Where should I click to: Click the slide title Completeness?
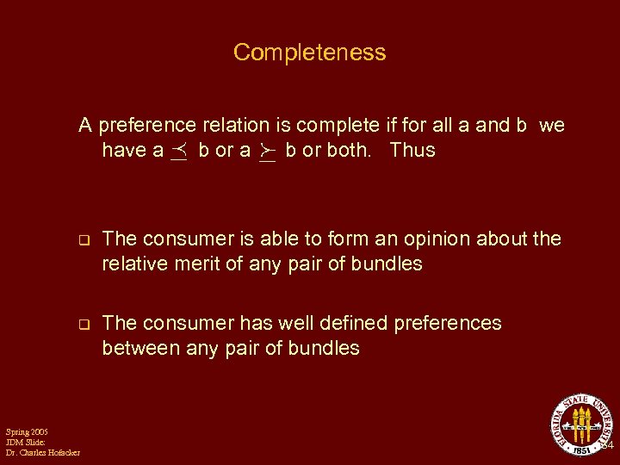[309, 53]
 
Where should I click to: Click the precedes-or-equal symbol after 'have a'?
[180, 151]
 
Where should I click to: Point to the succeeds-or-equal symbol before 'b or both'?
[267, 151]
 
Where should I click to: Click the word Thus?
[412, 151]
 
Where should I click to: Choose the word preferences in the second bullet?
[448, 324]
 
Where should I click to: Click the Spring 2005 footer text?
[27, 431]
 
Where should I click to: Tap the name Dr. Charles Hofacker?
[42, 453]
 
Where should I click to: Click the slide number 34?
[606, 446]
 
